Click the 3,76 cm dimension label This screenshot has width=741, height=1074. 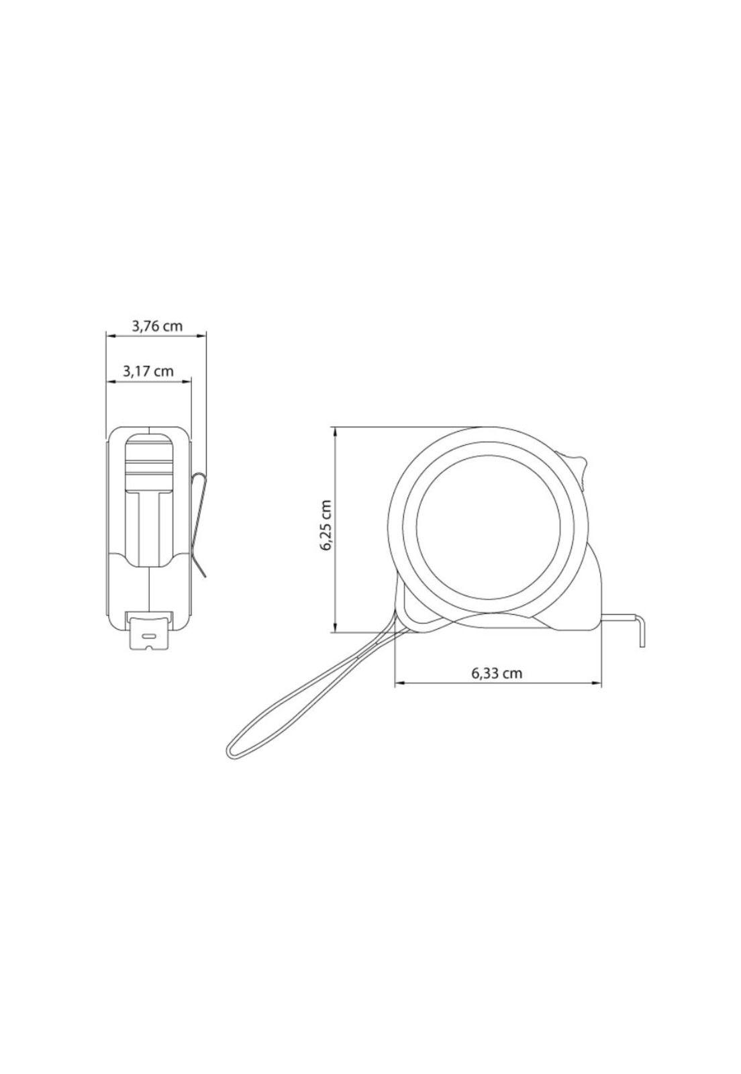point(156,327)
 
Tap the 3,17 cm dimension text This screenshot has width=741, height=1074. point(148,371)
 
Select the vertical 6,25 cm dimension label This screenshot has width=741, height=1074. point(326,526)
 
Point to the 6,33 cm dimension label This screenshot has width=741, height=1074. point(497,673)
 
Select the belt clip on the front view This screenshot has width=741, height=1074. point(199,524)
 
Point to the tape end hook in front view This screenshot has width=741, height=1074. point(149,630)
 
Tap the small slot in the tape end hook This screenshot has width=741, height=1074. point(149,634)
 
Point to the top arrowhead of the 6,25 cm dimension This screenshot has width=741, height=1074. point(335,430)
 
